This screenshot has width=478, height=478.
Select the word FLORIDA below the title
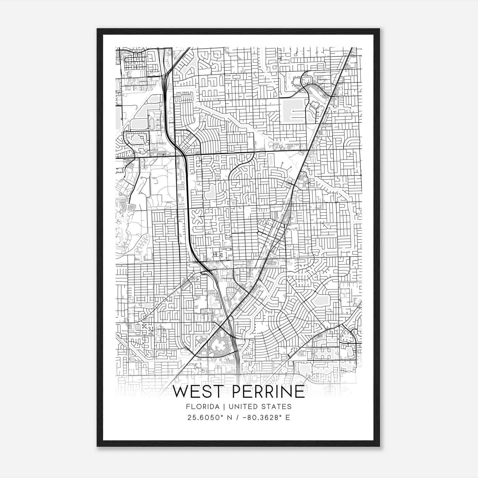(x=198, y=407)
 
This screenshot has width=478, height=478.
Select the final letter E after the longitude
(x=288, y=418)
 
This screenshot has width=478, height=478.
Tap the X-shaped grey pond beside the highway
(x=197, y=216)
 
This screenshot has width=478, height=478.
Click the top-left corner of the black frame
(x=97, y=29)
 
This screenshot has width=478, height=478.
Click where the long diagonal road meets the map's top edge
(x=352, y=48)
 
